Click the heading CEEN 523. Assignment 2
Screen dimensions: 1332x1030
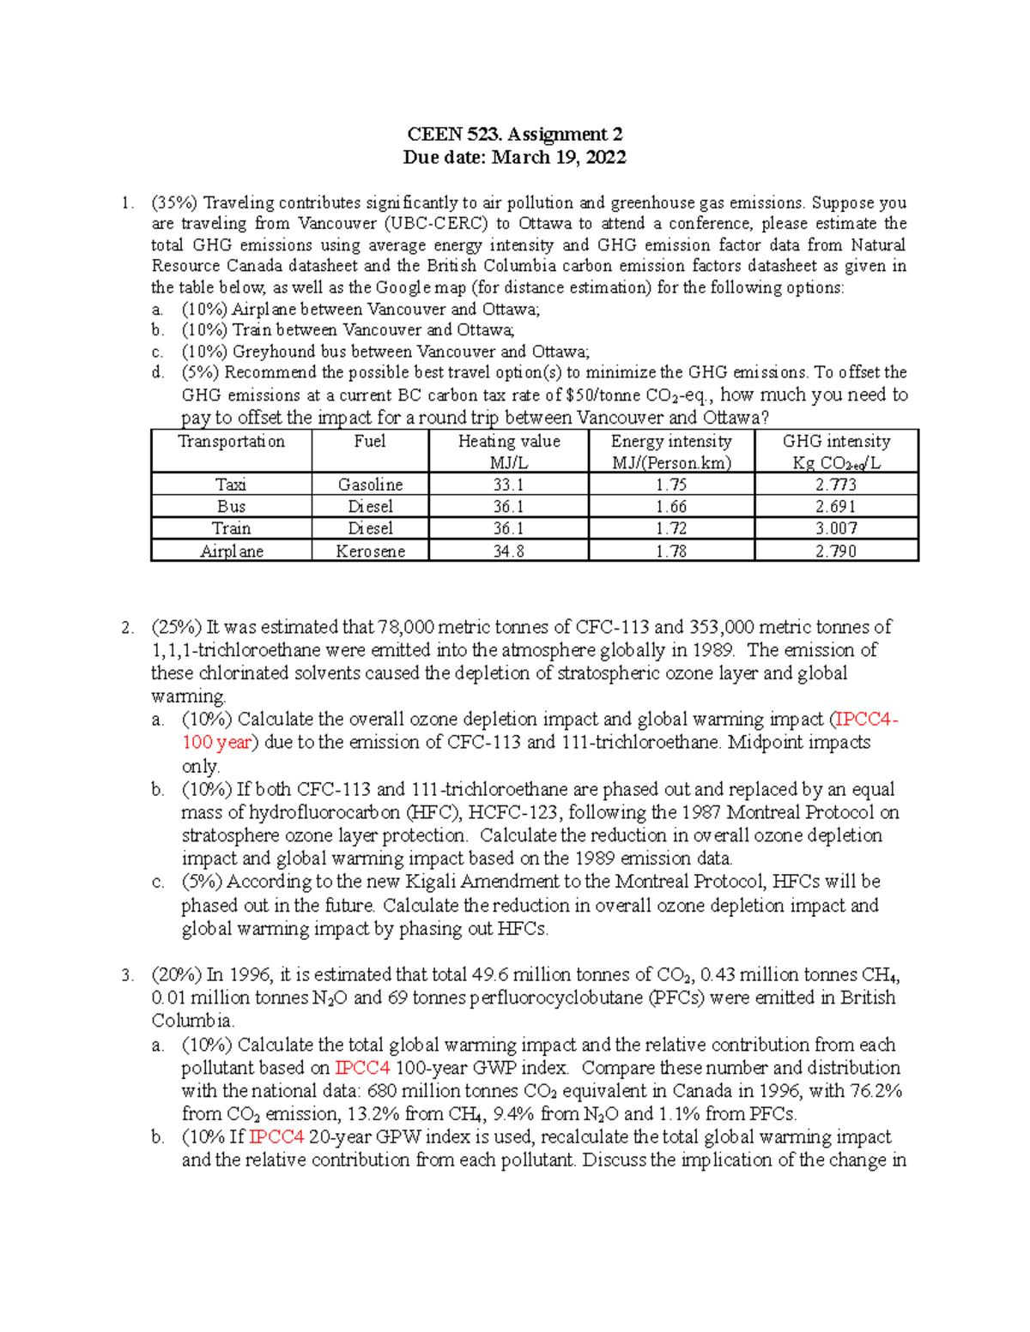point(514,134)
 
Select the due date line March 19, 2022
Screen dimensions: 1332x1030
point(514,157)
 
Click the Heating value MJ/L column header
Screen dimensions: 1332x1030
point(508,451)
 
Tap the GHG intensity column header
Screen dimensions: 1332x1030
point(836,451)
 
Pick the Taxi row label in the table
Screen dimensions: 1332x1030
point(231,485)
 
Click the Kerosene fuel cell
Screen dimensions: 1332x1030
point(370,551)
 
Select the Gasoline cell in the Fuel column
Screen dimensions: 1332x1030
point(370,485)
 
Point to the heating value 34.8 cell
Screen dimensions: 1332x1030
point(508,551)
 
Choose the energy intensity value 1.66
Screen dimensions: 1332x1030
point(671,507)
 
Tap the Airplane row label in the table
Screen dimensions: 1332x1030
point(231,551)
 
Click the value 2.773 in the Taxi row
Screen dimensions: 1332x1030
point(836,485)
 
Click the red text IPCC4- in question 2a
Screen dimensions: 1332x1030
point(867,720)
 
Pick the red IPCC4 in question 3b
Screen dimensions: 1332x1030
point(276,1137)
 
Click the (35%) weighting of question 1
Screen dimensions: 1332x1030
point(174,203)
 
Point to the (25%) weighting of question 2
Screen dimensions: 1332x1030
point(174,627)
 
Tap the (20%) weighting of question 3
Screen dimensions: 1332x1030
point(174,975)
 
